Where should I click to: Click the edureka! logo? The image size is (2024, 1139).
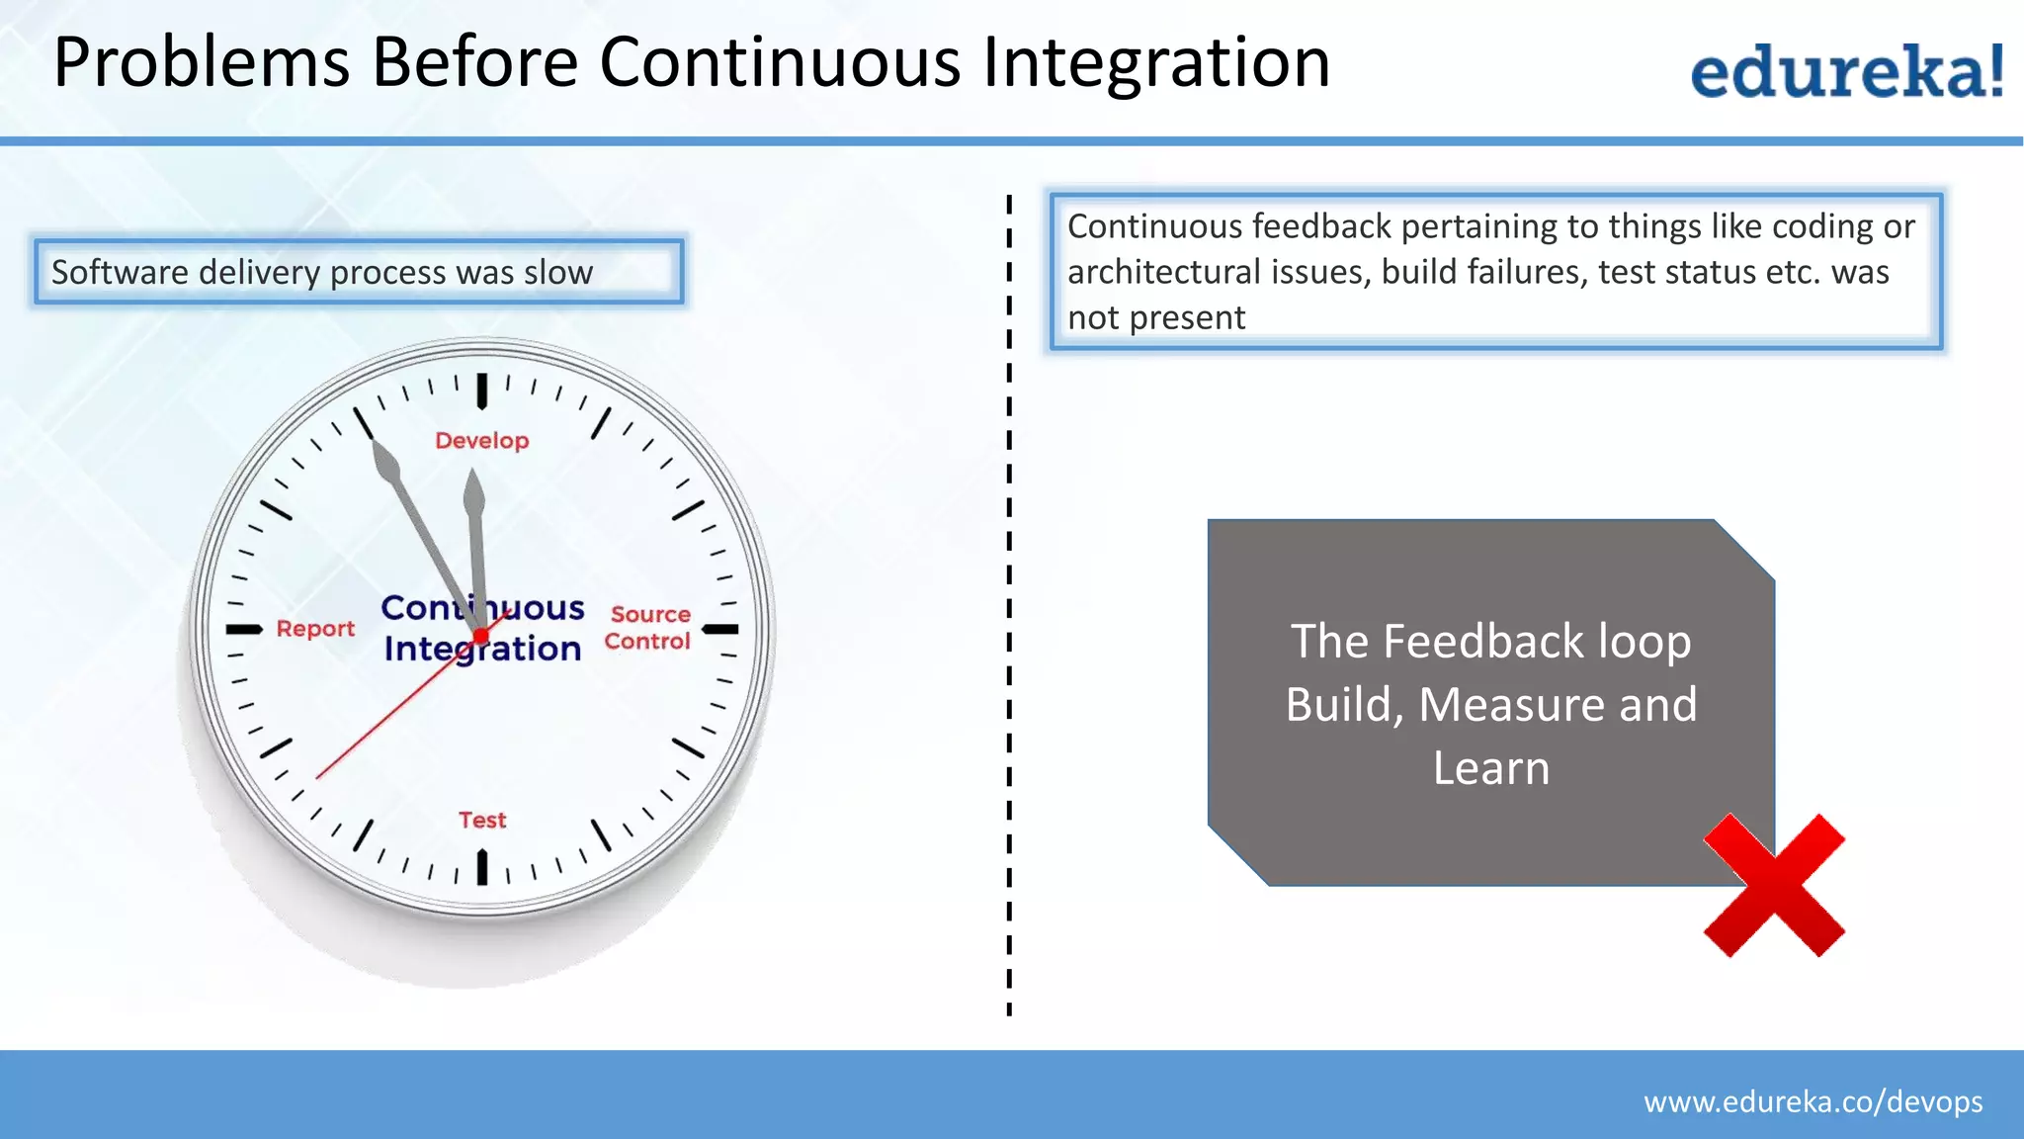tap(1846, 71)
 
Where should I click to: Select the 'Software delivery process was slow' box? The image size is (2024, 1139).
tap(358, 271)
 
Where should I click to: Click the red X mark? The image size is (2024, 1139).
tap(1774, 885)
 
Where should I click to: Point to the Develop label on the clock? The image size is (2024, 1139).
tap(482, 441)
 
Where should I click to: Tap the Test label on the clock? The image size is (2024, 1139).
tap(482, 821)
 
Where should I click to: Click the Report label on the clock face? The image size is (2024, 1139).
tap(315, 629)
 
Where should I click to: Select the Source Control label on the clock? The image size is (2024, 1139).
tap(648, 628)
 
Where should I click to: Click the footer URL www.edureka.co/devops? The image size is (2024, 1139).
tap(1813, 1101)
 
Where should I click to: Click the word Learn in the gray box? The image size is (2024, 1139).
tap(1490, 768)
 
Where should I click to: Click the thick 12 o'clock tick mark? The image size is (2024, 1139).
tap(482, 391)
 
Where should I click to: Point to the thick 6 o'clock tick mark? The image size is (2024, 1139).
tap(482, 867)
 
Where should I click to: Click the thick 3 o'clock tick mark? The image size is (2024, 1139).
tap(720, 629)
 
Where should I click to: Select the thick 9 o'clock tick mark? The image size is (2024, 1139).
tap(244, 629)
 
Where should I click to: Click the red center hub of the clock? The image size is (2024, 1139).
tap(481, 636)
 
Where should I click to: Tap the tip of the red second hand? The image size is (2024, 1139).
tap(318, 777)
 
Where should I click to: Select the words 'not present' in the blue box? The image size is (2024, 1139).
tap(1156, 318)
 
